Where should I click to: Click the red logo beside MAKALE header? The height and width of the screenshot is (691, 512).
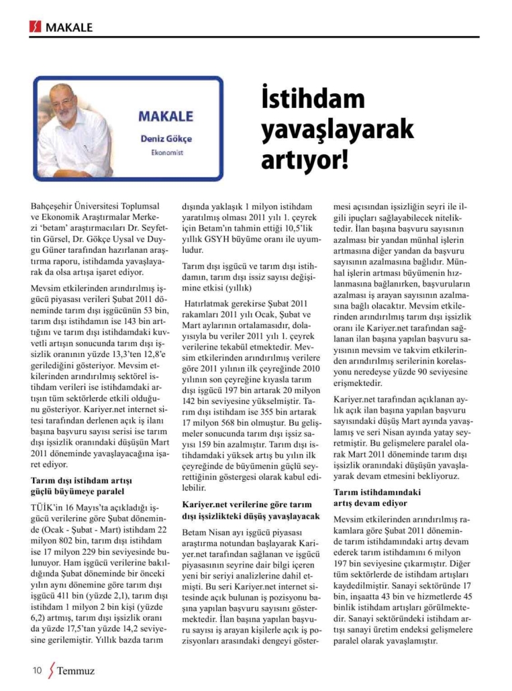coord(36,28)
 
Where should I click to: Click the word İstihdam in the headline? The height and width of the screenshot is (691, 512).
coord(308,100)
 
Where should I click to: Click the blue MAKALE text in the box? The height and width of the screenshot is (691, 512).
coord(166,116)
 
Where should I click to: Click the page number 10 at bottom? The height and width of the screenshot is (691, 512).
coord(37,670)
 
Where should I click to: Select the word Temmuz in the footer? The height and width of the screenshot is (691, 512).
coord(76,670)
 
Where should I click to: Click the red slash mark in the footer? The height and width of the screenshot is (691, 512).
coord(50,670)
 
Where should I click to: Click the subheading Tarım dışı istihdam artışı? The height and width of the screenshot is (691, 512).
coord(82,480)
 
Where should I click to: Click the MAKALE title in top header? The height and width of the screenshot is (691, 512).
coord(69,28)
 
